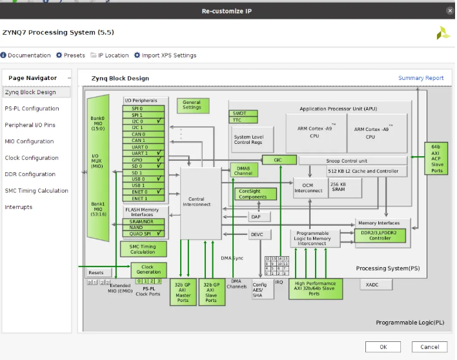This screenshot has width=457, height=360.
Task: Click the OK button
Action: coord(383,346)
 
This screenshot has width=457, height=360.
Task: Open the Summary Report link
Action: coord(421,78)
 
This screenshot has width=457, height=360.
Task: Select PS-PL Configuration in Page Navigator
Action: coord(32,108)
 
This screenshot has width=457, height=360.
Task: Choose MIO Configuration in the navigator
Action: coord(29,141)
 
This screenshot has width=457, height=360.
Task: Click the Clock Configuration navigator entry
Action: coord(32,158)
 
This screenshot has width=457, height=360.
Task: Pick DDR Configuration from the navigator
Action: coord(30,174)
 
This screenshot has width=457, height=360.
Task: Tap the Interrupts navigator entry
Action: coord(18,207)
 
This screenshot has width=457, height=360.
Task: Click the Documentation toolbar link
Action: coord(26,55)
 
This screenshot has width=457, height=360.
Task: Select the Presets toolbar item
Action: coord(70,55)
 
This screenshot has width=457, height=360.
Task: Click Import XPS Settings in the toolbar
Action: coord(165,55)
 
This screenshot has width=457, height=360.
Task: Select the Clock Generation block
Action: coord(148,270)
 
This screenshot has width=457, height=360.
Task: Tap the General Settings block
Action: coord(192,105)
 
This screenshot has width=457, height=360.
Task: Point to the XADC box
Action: coord(371,284)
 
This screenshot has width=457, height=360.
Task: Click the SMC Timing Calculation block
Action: coord(143,249)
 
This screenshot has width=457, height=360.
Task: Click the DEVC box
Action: coord(256,234)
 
